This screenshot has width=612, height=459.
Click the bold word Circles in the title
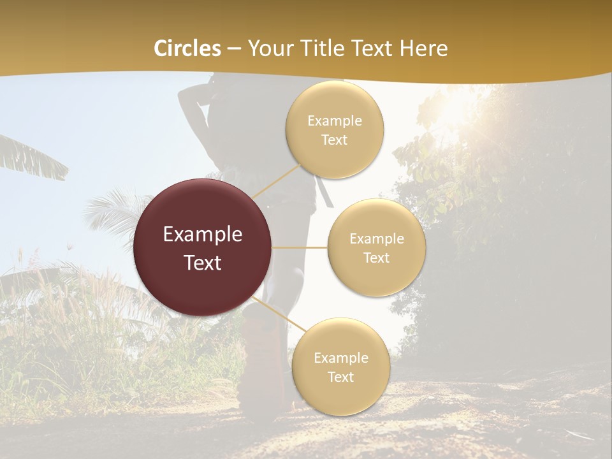[187, 48]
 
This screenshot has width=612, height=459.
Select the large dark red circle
[203, 247]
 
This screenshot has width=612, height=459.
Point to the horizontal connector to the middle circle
[300, 247]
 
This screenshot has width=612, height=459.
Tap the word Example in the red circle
[203, 234]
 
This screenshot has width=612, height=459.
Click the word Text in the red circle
[203, 263]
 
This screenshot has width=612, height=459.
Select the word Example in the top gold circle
[335, 120]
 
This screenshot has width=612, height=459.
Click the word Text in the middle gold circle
[377, 258]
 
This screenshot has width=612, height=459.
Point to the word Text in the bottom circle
[340, 377]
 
